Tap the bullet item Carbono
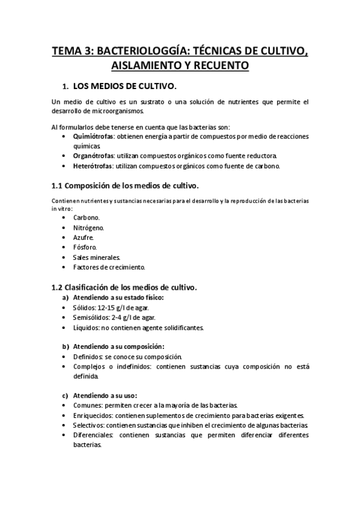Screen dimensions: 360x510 point(87,217)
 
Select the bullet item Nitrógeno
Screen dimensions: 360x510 point(88,227)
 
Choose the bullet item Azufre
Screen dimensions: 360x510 point(84,238)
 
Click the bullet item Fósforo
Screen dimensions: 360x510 point(85,247)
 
